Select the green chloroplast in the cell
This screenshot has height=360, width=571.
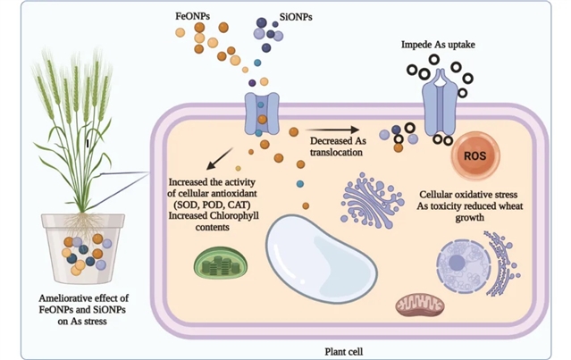(x=220, y=263)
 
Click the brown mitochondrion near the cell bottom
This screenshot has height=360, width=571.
(x=419, y=305)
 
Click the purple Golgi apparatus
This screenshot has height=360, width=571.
(x=370, y=201)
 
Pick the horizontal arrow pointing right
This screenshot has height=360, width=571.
(x=331, y=130)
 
